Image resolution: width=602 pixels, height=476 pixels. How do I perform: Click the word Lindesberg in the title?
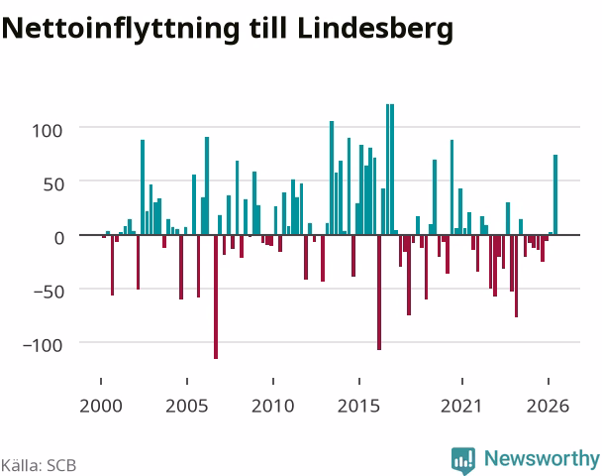tap(375, 30)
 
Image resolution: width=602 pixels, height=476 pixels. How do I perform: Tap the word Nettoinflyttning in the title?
tap(121, 30)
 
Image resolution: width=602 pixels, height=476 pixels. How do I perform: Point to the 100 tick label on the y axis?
tap(47, 131)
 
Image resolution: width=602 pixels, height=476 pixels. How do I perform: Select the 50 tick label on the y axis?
tap(53, 184)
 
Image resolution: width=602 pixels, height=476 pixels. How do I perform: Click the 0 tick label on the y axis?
tap(59, 238)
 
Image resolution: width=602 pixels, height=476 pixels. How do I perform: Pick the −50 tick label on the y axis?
tap(49, 293)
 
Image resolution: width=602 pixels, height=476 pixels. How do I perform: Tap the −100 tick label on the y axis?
tap(43, 346)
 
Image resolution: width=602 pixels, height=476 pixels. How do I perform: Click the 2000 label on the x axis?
tap(101, 406)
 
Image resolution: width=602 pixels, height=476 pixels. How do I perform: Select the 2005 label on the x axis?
tap(187, 406)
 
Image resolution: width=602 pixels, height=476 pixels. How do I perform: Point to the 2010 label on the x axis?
tap(273, 406)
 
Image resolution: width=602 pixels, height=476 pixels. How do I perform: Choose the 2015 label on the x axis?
tap(359, 406)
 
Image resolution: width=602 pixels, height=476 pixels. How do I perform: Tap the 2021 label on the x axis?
tap(461, 406)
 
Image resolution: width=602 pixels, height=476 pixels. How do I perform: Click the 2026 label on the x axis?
tap(548, 406)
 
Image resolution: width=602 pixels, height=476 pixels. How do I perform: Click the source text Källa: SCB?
tap(39, 465)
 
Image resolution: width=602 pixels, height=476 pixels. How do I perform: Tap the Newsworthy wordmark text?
tap(542, 458)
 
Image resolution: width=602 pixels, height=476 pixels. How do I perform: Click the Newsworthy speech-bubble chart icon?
tap(463, 460)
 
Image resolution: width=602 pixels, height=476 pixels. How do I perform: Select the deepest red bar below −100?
tap(216, 297)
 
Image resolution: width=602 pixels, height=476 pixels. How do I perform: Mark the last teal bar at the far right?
tap(555, 194)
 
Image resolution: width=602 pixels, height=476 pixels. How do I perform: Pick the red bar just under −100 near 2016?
tap(379, 293)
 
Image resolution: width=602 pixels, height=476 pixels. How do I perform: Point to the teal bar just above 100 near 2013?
tap(332, 178)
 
